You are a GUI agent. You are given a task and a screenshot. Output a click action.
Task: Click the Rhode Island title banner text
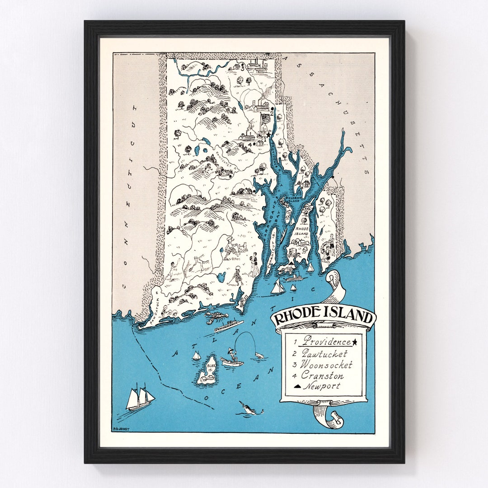[323, 316]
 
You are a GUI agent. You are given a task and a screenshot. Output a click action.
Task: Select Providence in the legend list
[327, 341]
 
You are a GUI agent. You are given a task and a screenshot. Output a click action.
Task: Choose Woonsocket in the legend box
[326, 364]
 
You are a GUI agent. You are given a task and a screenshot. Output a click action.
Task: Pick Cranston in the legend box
[322, 375]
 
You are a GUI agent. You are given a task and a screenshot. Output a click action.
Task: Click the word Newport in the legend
[321, 386]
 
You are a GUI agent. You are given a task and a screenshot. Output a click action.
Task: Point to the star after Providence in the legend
[355, 342]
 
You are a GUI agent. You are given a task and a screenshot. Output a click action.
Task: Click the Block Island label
[210, 366]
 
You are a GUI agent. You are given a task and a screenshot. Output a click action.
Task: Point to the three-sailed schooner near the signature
[139, 398]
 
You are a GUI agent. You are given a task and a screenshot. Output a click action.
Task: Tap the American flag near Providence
[265, 120]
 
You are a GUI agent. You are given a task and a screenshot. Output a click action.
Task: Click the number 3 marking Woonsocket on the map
[243, 69]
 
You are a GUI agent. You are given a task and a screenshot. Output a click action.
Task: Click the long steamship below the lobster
[228, 325]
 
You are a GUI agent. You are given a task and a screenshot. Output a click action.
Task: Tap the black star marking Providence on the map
[268, 135]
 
